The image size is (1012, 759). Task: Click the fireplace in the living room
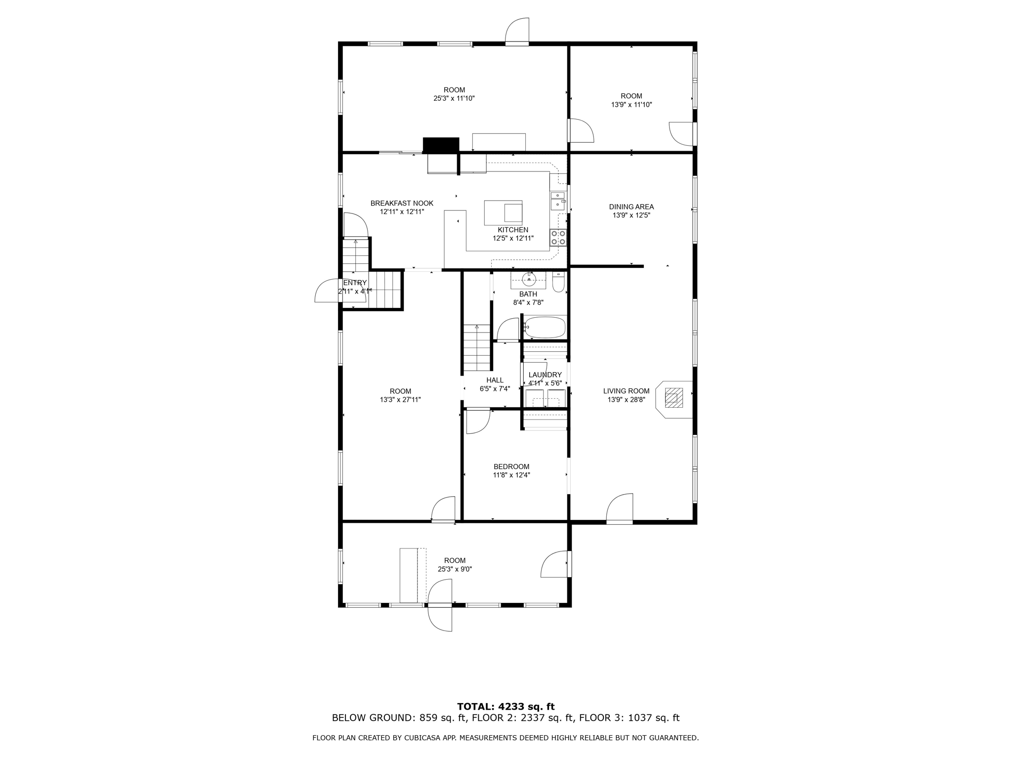tap(674, 398)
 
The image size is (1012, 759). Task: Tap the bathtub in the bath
tap(545, 327)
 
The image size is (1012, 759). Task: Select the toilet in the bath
tap(558, 283)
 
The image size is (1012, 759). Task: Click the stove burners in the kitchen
tap(558, 238)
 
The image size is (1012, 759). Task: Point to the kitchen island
tap(503, 212)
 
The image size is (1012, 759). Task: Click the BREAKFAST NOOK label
tap(402, 203)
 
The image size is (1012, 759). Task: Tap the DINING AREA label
tap(631, 207)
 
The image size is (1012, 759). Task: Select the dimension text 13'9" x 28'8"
tap(626, 400)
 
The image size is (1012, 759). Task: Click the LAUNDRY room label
tap(545, 375)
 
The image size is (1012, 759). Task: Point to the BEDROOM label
tap(511, 466)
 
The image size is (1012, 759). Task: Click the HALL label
tap(495, 380)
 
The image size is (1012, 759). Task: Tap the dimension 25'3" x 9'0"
tap(455, 569)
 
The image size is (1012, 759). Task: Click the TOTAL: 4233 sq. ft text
tap(506, 707)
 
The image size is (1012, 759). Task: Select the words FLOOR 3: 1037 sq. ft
tap(629, 718)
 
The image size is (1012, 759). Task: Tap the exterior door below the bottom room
tap(440, 618)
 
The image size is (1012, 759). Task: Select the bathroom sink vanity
tap(528, 280)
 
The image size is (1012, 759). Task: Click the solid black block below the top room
tap(441, 145)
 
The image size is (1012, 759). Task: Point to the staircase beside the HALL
tap(476, 348)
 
